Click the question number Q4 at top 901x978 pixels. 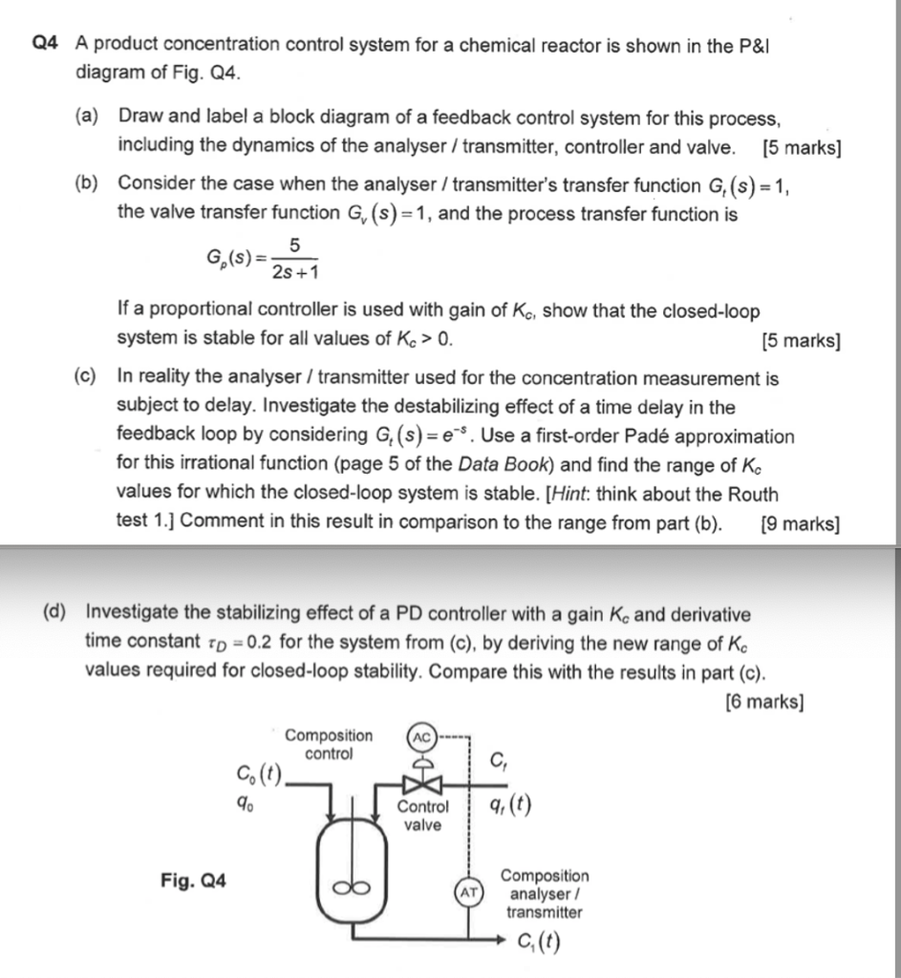click(x=45, y=45)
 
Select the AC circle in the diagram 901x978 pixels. click(x=421, y=737)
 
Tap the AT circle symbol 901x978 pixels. click(x=468, y=893)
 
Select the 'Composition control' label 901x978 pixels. click(x=329, y=744)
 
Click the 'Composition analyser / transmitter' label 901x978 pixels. click(x=545, y=893)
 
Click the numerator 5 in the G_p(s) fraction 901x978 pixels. click(x=294, y=246)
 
